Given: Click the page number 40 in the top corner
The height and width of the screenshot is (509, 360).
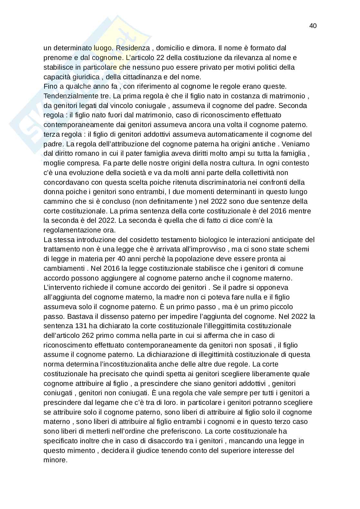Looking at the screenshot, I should pos(313,26).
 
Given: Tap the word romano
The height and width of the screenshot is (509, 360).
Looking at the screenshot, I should pos(84,153).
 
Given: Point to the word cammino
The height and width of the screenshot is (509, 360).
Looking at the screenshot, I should pos(56,201).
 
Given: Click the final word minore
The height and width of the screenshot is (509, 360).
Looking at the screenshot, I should pos(55,460).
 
